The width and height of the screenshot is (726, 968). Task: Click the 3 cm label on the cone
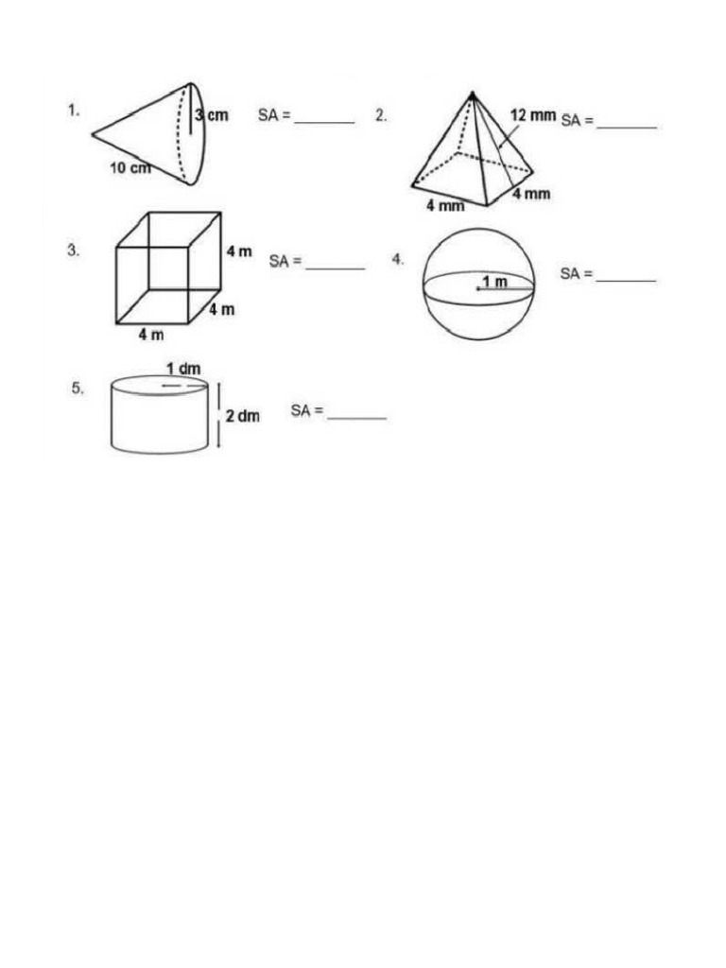pyautogui.click(x=212, y=115)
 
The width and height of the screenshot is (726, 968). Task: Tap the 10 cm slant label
pyautogui.click(x=130, y=168)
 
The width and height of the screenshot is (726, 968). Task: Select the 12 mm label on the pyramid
pyautogui.click(x=533, y=115)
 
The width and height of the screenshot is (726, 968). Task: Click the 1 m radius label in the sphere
pyautogui.click(x=494, y=282)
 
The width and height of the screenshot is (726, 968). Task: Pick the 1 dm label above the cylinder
pyautogui.click(x=183, y=369)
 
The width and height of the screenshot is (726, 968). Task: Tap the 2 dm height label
pyautogui.click(x=243, y=415)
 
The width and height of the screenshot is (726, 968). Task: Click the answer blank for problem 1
pyautogui.click(x=324, y=122)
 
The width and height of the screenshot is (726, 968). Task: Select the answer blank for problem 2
pyautogui.click(x=627, y=126)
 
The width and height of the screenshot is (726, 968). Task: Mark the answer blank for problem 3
pyautogui.click(x=335, y=268)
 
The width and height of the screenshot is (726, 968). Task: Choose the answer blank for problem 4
pyautogui.click(x=626, y=280)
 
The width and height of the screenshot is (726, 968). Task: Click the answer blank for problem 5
pyautogui.click(x=356, y=417)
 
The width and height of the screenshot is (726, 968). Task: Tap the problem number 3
pyautogui.click(x=73, y=251)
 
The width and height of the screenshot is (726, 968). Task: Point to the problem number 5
pyautogui.click(x=78, y=388)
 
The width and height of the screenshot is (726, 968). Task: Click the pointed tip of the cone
pyautogui.click(x=93, y=134)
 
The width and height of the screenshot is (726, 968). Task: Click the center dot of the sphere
pyautogui.click(x=477, y=288)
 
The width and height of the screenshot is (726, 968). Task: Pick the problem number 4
pyautogui.click(x=399, y=259)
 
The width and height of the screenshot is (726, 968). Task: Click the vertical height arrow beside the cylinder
pyautogui.click(x=219, y=414)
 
